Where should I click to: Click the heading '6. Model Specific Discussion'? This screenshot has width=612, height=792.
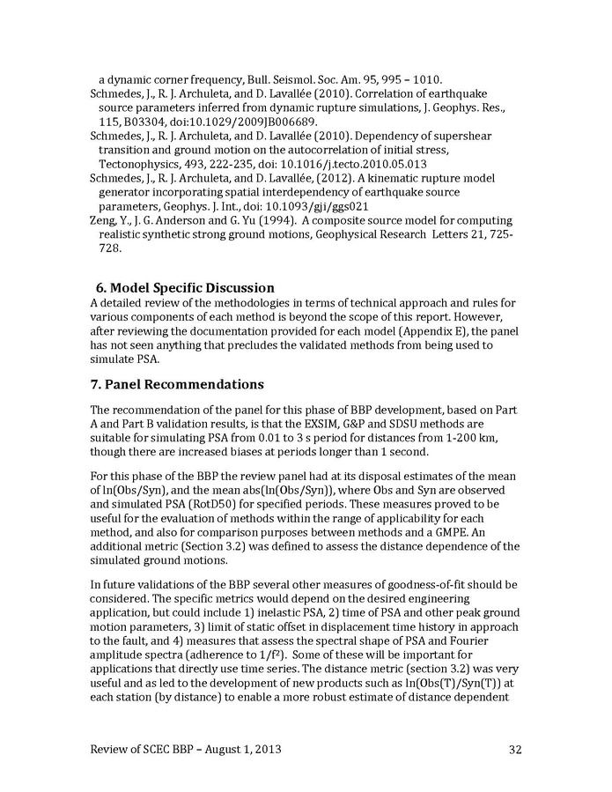[185, 288]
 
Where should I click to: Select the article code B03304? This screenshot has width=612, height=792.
[149, 121]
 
